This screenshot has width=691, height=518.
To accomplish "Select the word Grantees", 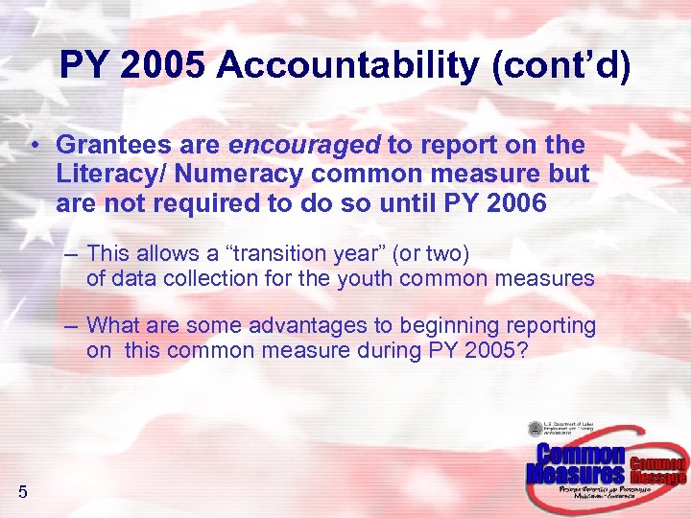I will [x=108, y=145].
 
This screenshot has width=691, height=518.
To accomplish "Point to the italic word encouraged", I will [x=305, y=145].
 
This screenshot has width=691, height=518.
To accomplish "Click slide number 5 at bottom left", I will [x=22, y=493].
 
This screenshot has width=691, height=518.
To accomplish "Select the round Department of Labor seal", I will [x=536, y=430].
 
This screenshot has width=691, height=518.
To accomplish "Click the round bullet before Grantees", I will [x=34, y=146].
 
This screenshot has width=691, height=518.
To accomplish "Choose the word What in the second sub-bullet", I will [x=111, y=326].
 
